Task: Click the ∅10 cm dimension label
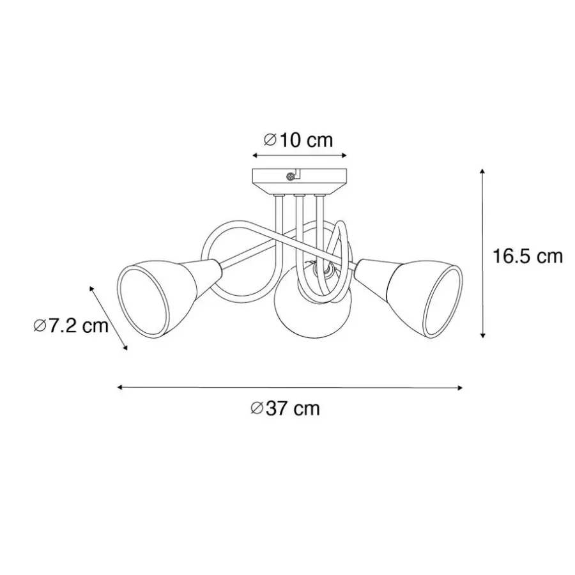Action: point(298,140)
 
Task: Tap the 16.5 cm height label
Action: point(527,256)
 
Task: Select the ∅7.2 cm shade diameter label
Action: point(71,325)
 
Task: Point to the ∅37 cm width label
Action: point(285,408)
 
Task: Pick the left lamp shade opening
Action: point(143,300)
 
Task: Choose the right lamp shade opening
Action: point(443,302)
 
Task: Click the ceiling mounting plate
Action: point(300,181)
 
